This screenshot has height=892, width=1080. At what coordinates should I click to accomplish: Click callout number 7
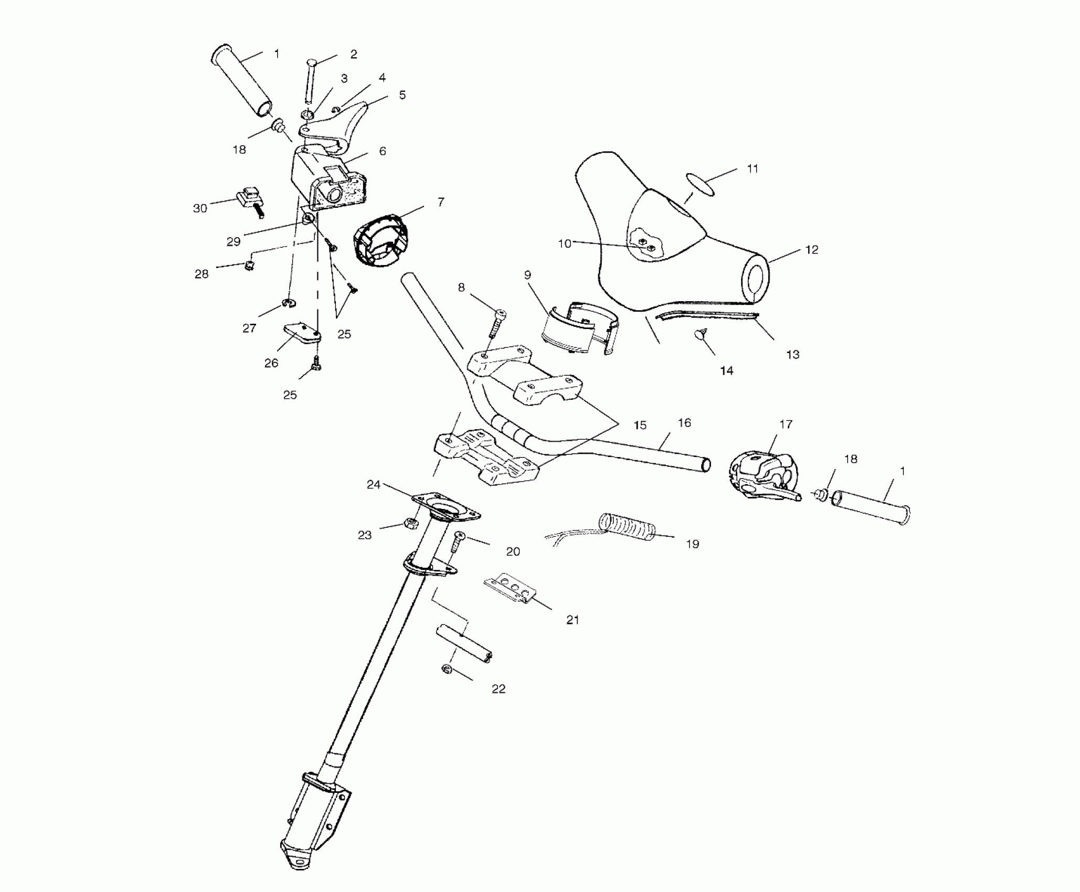tap(440, 201)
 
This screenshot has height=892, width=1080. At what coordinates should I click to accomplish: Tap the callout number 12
tap(811, 250)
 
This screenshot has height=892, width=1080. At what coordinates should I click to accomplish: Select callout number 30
tap(200, 208)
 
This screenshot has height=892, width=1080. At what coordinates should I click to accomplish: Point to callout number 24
tap(373, 485)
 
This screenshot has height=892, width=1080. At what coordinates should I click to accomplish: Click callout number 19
tap(693, 544)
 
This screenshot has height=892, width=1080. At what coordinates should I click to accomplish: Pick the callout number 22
tap(498, 689)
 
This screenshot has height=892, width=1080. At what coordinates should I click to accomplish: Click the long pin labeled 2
tap(309, 81)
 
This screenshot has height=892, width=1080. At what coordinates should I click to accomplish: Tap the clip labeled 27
tap(288, 303)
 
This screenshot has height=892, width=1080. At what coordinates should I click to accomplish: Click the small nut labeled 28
tap(250, 266)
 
